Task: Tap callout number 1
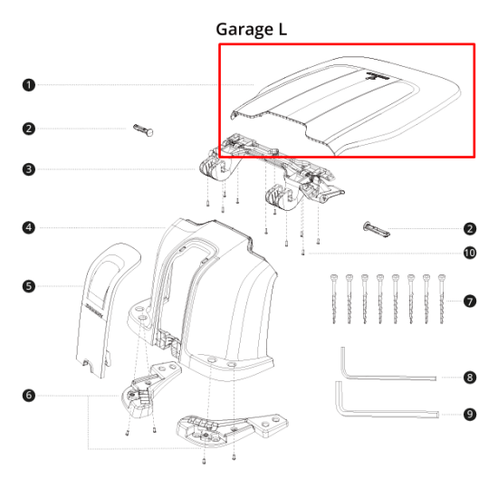29,85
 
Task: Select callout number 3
29,169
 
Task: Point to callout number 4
29,227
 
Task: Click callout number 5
29,286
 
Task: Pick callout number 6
29,395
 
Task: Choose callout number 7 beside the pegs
469,300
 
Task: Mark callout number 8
469,377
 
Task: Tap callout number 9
469,414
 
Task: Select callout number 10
469,253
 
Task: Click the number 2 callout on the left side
29,129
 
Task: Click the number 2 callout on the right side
469,229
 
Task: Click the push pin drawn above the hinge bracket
144,129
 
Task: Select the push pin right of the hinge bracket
377,229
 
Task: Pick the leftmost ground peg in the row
336,300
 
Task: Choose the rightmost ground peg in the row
442,300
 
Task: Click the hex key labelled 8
380,371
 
